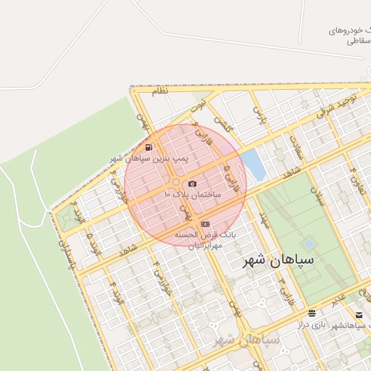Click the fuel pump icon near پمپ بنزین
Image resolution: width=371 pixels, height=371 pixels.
pos(149,147)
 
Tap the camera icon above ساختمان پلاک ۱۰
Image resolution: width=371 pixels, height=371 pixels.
pos(192,184)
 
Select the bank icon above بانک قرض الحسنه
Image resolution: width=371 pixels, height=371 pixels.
pos(206,224)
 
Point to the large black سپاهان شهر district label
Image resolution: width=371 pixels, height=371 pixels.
pos(278,259)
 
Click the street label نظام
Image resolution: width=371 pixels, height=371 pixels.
pos(159,92)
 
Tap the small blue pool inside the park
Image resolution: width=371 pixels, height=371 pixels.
pos(310,243)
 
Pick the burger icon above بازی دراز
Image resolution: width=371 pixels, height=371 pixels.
pos(312,313)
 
